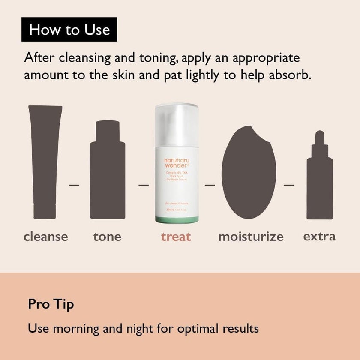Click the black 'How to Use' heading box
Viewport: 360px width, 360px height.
(x=69, y=30)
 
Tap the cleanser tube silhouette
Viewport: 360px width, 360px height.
(x=45, y=163)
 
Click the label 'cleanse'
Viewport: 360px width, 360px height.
(x=46, y=236)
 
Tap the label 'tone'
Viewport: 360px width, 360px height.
(x=107, y=236)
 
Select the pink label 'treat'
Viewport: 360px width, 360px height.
(x=176, y=236)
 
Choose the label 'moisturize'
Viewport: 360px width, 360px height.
(x=251, y=237)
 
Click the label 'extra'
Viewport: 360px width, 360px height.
(x=319, y=236)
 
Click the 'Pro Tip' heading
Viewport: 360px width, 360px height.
(x=51, y=304)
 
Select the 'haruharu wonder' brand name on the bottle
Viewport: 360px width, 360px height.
(x=176, y=163)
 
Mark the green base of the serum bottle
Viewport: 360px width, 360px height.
(x=176, y=219)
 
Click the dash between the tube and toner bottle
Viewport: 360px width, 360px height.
(x=74, y=185)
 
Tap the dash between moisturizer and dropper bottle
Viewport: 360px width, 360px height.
(x=289, y=185)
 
